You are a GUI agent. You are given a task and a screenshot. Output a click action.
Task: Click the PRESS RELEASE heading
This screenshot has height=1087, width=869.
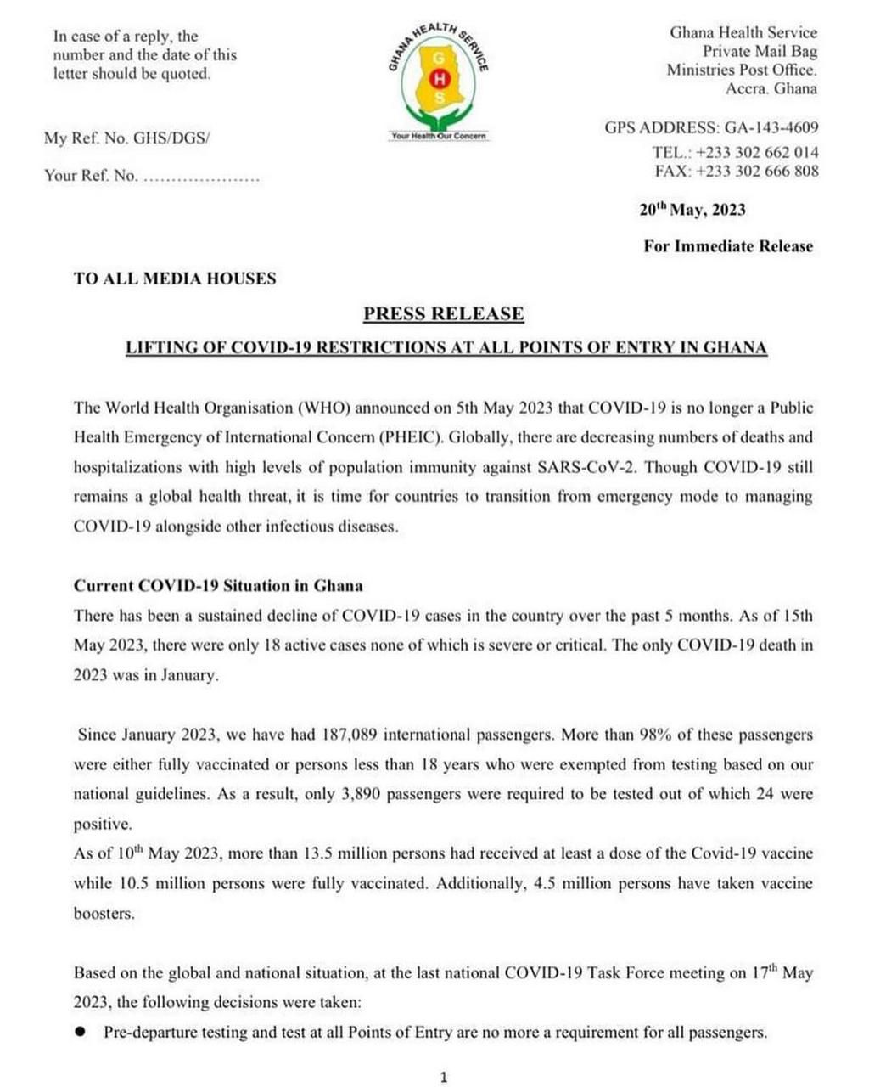click(x=444, y=314)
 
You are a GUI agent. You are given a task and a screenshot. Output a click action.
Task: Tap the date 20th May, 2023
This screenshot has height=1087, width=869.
click(x=692, y=210)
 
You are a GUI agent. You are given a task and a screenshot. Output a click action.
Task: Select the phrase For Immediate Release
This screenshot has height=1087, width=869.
click(x=728, y=246)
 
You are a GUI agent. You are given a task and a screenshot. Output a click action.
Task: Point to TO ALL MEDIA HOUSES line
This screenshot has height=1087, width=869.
click(x=175, y=279)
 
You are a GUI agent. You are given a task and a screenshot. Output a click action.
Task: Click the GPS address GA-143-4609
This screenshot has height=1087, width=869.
click(x=771, y=128)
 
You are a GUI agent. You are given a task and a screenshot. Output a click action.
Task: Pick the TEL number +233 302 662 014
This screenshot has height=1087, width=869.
click(x=757, y=153)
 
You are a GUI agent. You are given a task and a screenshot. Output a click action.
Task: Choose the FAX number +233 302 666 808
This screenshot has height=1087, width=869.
click(x=757, y=172)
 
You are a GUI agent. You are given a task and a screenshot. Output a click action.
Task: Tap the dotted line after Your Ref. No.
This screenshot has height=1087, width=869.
click(x=201, y=177)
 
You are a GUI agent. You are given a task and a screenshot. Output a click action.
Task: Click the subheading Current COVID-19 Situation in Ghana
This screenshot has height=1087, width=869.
click(x=218, y=586)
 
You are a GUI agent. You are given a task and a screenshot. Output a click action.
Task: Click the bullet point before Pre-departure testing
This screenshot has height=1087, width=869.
click(x=81, y=1032)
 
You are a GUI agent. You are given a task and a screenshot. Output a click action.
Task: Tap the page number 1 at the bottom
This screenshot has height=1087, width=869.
click(x=443, y=1078)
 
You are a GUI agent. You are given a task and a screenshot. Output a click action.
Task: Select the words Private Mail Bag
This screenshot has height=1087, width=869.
click(x=760, y=52)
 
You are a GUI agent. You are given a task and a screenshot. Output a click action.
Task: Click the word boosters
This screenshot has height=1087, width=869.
click(x=104, y=914)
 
